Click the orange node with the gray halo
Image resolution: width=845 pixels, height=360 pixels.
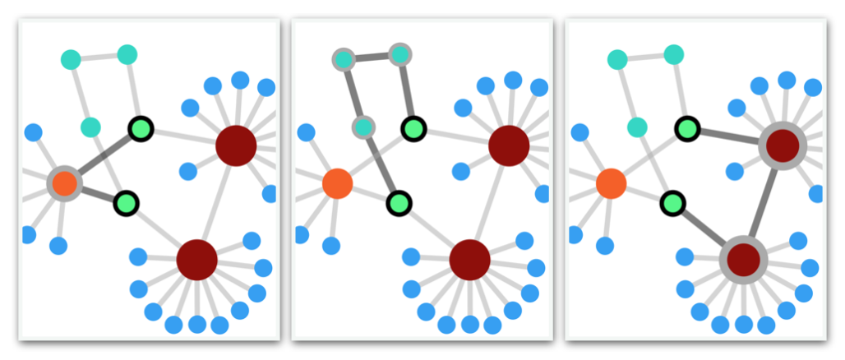coord(64,183)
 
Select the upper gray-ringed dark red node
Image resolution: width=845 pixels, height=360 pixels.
coord(782,145)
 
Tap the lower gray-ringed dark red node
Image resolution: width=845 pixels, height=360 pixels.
coord(743,260)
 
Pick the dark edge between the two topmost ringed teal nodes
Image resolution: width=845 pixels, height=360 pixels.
coord(372,58)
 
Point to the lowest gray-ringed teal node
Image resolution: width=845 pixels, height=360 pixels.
coord(363,127)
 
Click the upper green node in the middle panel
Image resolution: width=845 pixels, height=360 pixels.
coord(413,128)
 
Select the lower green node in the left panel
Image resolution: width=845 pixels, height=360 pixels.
coord(126,202)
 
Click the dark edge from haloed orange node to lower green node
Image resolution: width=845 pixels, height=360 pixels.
coord(95,193)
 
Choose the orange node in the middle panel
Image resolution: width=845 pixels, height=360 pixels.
coord(337,183)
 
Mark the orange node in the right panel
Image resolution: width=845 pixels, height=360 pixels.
coord(611,183)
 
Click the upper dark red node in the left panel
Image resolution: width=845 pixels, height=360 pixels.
coord(236,145)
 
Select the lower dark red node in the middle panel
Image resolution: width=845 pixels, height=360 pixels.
coord(469,260)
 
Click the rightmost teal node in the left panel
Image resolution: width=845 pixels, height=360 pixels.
coord(127,55)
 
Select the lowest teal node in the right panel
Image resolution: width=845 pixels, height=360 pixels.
coord(637,127)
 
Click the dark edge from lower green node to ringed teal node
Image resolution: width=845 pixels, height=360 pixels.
coord(381,164)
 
